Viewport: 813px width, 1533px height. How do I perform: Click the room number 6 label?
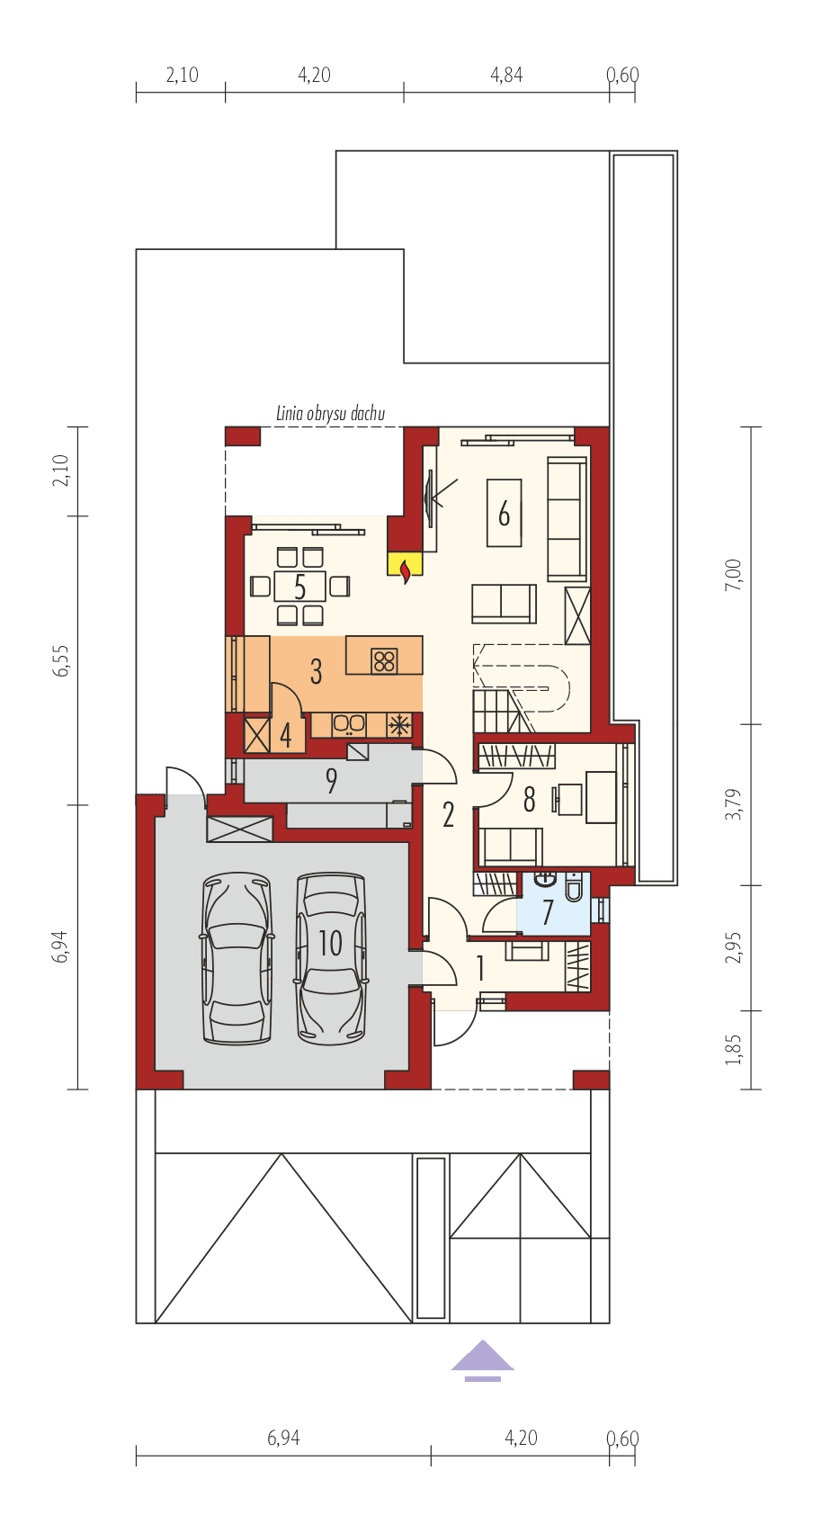coord(504,514)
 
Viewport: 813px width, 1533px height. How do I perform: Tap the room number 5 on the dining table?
coord(299,587)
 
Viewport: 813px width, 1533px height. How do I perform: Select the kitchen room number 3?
coord(316,671)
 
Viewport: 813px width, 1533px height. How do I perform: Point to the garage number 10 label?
coord(330,943)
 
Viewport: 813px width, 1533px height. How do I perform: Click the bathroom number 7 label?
coord(547,912)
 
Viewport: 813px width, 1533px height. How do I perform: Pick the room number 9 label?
coord(331,781)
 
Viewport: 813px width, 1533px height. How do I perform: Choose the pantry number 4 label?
coord(286,736)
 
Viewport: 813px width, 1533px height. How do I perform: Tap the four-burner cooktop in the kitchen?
coord(384,660)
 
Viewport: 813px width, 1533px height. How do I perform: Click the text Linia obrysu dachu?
coord(330,414)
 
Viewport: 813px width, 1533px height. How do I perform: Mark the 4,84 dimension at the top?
coord(506,75)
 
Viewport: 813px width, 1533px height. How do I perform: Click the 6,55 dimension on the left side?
coord(60,660)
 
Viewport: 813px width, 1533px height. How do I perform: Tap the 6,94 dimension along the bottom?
coord(282,1439)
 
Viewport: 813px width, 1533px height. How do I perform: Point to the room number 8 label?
coord(529,799)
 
